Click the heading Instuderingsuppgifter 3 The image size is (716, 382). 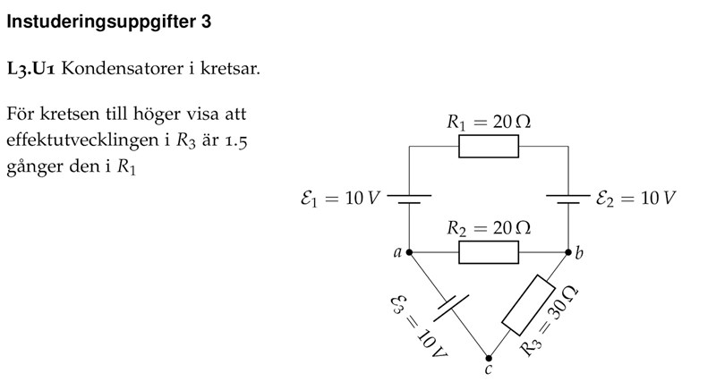(109, 22)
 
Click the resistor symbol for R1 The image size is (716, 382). (489, 146)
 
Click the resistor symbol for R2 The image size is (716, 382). (489, 252)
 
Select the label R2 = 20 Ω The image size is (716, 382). (489, 229)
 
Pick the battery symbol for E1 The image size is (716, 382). (409, 199)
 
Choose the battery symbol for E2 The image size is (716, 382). (568, 199)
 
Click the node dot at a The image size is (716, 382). (409, 252)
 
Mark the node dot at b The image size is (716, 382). (568, 252)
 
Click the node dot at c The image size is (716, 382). (489, 357)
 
